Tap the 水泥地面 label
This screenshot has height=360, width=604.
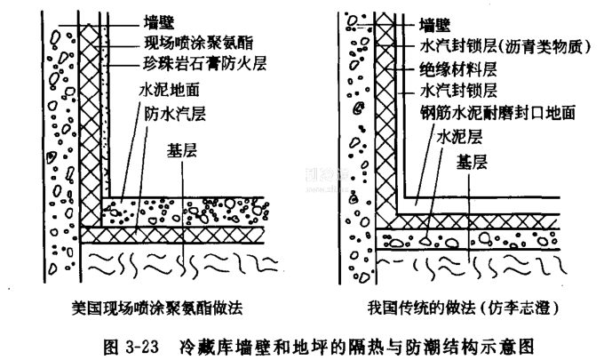click(165, 91)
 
